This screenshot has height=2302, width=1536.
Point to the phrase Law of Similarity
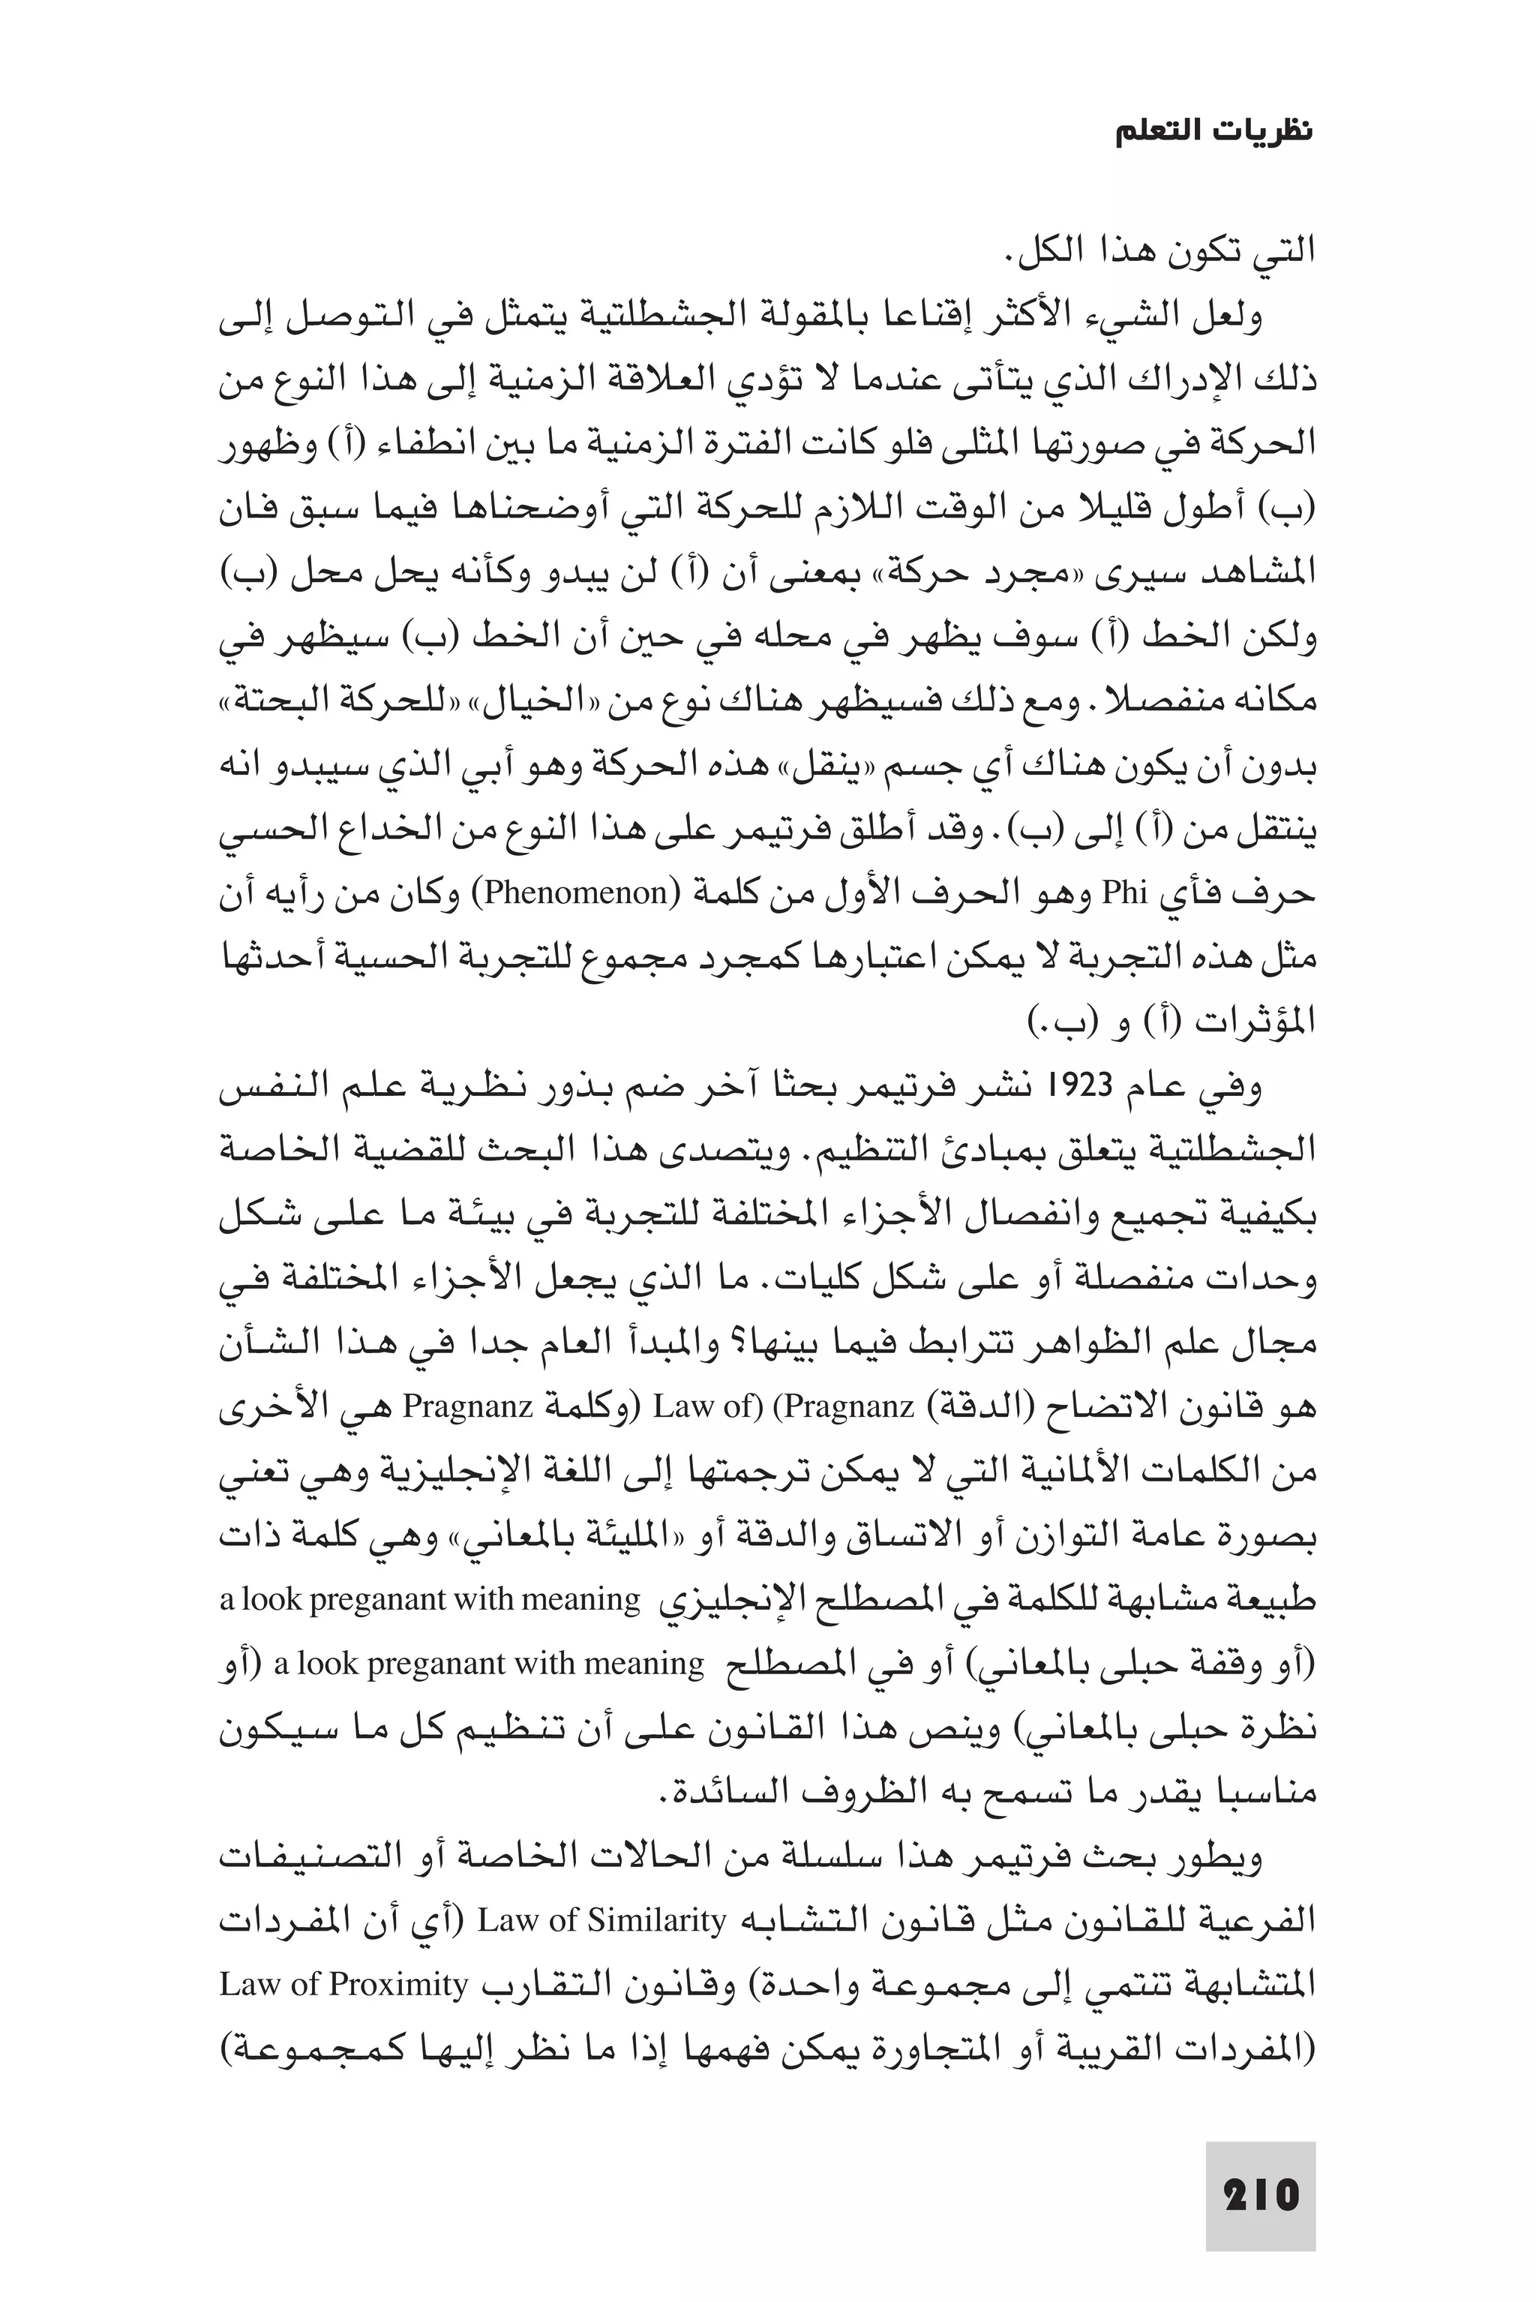[x=601, y=1921]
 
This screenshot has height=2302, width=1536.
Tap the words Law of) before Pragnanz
[x=707, y=1408]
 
